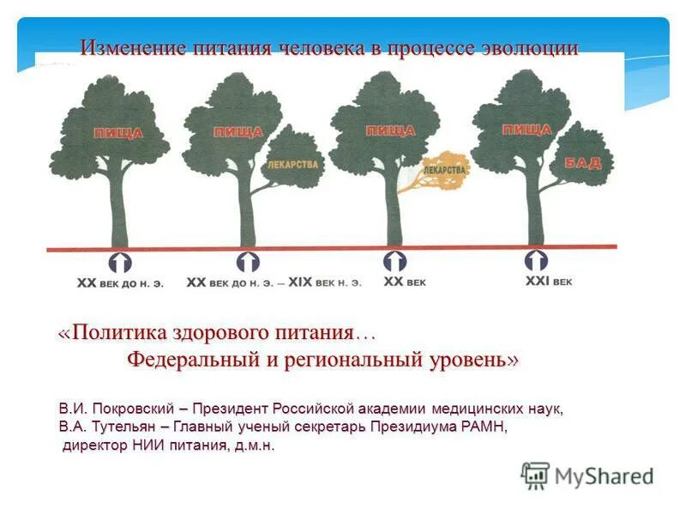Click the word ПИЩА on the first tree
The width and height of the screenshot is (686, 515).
[x=118, y=133]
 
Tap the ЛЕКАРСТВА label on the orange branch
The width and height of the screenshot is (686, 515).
[x=445, y=170]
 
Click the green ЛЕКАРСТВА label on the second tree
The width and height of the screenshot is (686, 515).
[x=293, y=163]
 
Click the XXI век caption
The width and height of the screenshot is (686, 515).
[x=548, y=281]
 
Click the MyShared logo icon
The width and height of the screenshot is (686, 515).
[x=535, y=475]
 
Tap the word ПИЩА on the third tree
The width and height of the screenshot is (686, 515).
[x=390, y=130]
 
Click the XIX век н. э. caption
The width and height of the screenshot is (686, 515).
[x=325, y=282]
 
